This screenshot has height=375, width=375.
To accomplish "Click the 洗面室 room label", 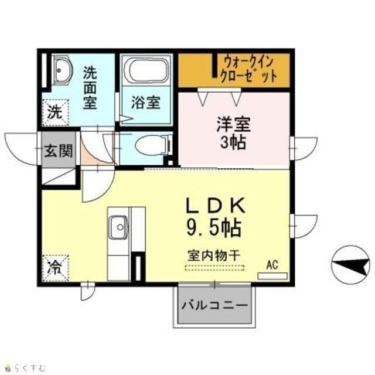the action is click(90, 88).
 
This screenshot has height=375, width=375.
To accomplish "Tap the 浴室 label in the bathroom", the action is click(146, 103).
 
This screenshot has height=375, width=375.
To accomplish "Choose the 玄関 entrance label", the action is click(59, 151).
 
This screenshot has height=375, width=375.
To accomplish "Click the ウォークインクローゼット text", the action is click(248, 69).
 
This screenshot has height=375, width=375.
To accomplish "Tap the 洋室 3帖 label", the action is click(233, 132).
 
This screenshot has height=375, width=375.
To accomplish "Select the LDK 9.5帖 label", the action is click(216, 217).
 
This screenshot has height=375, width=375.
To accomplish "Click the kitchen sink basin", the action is click(118, 227).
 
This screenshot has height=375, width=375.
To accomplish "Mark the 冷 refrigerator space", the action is click(56, 268).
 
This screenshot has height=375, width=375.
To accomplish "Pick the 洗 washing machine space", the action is click(56, 112).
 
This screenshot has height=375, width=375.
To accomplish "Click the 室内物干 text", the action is click(214, 255).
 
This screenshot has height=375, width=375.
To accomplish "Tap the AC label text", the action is click(272, 265).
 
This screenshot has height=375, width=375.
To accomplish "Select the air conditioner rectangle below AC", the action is click(272, 276).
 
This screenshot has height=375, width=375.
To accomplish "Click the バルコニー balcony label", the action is click(214, 305).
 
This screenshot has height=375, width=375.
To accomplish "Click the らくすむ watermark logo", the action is click(25, 367).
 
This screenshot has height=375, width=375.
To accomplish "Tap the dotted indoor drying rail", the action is click(214, 268).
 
